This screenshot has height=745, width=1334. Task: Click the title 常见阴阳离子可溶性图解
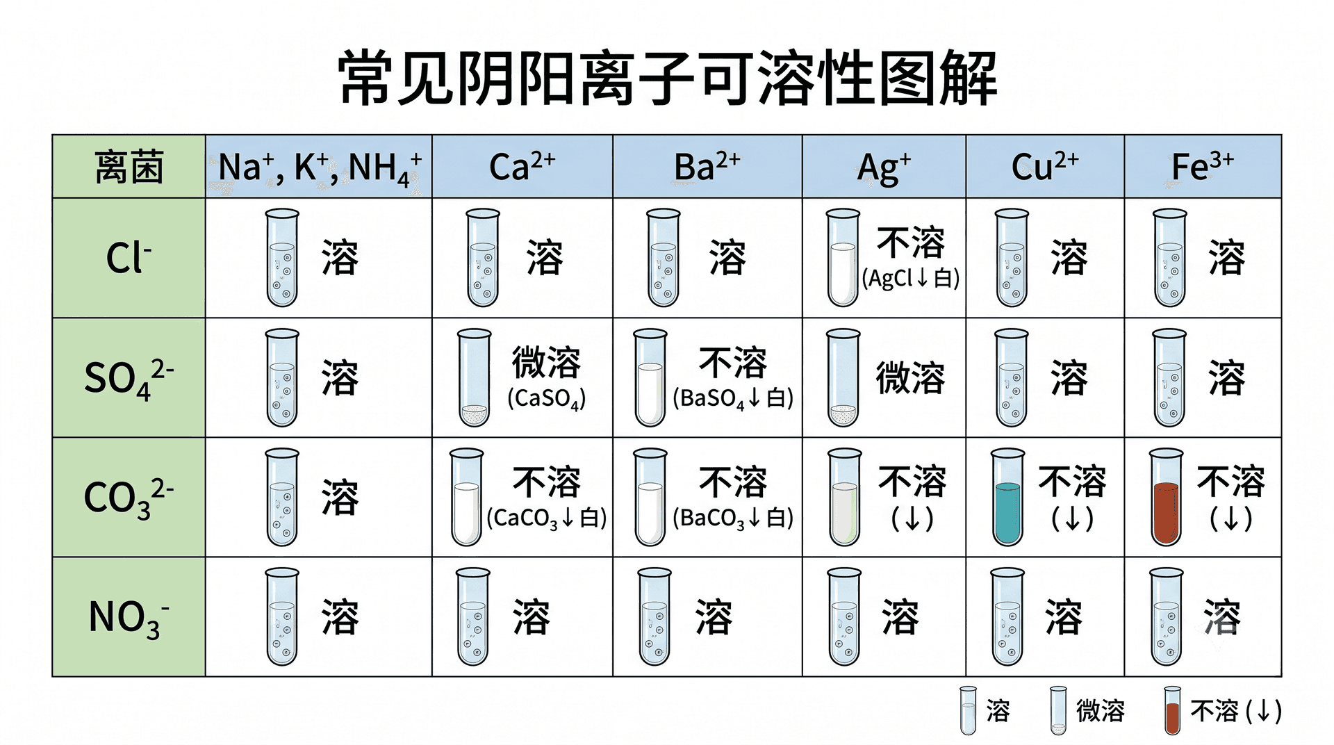coord(668,78)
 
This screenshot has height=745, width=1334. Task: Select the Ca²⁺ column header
coord(522,167)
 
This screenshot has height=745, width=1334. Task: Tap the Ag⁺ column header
coord(884,168)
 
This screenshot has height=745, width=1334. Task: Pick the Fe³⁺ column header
coord(1203,167)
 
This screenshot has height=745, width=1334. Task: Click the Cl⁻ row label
coord(129,258)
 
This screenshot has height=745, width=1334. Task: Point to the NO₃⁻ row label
coord(129,618)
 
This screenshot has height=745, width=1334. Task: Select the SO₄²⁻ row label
coord(129,379)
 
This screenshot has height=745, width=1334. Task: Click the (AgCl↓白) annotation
coord(910,278)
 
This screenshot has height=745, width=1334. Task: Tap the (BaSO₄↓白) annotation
coord(733,398)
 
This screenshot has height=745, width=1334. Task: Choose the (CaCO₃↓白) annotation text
coord(547,518)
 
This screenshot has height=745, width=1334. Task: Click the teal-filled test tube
coord(1008,497)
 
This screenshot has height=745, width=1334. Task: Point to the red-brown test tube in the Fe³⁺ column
coord(1167,497)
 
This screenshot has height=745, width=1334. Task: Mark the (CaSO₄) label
coord(547,398)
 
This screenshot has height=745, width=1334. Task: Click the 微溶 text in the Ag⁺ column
coord(910,378)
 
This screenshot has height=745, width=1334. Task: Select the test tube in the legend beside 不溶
coord(1172,710)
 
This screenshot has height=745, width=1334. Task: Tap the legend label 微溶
coord(1101,711)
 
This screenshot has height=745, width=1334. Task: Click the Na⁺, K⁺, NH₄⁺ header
coord(320,168)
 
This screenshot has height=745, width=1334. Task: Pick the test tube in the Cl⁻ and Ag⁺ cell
coord(843,258)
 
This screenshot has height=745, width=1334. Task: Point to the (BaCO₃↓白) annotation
coord(733,518)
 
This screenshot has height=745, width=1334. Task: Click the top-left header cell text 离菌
coord(129,167)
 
